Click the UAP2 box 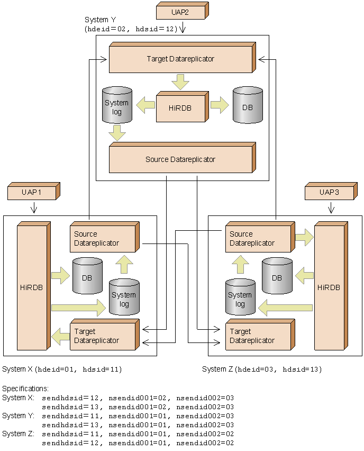[x=183, y=11]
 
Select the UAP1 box [x=34, y=191]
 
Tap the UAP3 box [x=331, y=191]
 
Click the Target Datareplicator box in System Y [x=183, y=58]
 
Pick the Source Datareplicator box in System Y [x=183, y=158]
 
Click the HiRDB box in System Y [x=183, y=107]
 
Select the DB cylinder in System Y [x=248, y=105]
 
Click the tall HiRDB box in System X [x=34, y=286]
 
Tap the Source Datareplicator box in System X [x=105, y=237]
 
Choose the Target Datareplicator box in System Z [x=260, y=335]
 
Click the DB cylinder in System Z [x=277, y=276]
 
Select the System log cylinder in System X [x=124, y=297]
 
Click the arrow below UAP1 [x=34, y=208]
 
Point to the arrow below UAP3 [x=331, y=208]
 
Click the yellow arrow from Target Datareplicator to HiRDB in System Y [x=180, y=82]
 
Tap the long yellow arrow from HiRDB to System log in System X [x=78, y=308]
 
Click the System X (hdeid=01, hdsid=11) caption [x=62, y=369]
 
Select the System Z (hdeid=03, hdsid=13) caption [x=262, y=369]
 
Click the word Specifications [x=25, y=389]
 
